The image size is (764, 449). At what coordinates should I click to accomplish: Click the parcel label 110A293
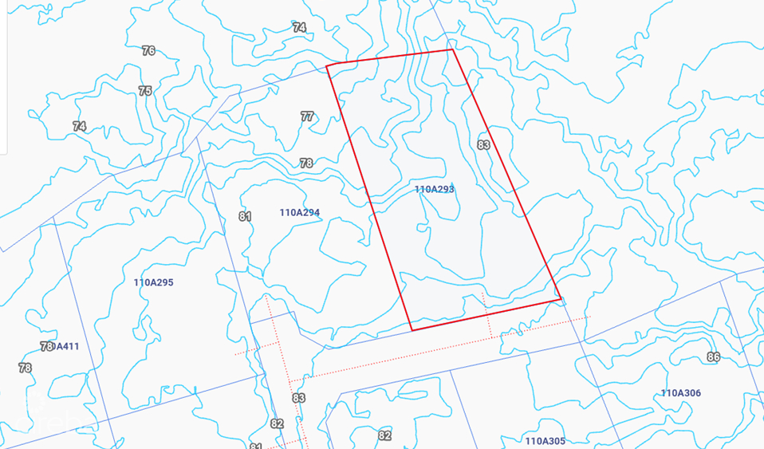[x=434, y=190]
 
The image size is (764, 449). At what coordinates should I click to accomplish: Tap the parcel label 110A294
[x=300, y=213]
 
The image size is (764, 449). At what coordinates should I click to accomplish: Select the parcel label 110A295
[x=153, y=282]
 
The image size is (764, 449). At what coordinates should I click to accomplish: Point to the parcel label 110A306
[x=680, y=393]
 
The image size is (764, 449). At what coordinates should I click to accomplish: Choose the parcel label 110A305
[x=545, y=441]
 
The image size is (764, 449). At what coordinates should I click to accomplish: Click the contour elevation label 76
[x=148, y=51]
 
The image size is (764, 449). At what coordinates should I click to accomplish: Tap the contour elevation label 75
[x=144, y=91]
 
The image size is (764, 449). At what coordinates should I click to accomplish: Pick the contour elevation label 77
[x=307, y=116]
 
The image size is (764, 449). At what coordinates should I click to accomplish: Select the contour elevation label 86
[x=713, y=357]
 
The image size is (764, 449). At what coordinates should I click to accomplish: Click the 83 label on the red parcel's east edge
[x=483, y=145]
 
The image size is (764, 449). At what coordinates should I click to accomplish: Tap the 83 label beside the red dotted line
[x=299, y=398]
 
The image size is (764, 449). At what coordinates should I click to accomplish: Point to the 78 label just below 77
[x=306, y=163]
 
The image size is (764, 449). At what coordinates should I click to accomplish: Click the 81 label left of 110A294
[x=245, y=217]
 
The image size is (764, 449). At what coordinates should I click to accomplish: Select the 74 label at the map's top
[x=299, y=27]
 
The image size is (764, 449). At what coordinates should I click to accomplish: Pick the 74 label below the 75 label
[x=79, y=126]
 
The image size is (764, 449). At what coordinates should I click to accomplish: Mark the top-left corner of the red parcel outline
[x=327, y=65]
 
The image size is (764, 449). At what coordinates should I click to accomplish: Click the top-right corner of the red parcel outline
[x=452, y=49]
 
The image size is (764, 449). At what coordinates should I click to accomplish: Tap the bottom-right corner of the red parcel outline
[x=561, y=300]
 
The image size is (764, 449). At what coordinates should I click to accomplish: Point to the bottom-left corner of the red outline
[x=412, y=329]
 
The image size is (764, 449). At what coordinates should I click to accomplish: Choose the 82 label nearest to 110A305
[x=384, y=435]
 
